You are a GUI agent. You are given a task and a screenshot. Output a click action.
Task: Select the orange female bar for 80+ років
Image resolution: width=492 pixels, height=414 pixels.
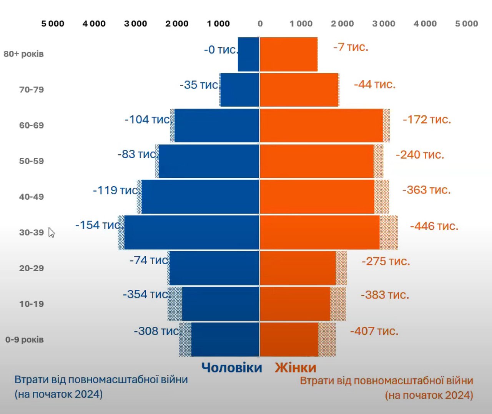tap(288, 54)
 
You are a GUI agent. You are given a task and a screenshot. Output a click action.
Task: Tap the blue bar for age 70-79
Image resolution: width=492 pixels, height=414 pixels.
tap(239, 90)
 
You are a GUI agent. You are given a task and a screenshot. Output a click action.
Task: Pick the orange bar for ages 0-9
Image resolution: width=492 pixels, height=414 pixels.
tap(289, 339)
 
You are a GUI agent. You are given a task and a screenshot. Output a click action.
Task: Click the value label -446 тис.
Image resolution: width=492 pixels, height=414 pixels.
tap(434, 226)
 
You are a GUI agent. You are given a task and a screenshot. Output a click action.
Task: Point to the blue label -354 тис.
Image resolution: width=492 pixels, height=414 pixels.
tap(146, 294)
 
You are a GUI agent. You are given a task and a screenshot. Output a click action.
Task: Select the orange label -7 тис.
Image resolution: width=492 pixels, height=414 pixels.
tap(351, 47)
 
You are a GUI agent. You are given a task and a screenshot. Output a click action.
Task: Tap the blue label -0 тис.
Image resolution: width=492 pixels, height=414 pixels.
tap(220, 50)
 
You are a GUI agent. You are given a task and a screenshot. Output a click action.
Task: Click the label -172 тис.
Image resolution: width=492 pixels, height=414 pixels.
tap(427, 119)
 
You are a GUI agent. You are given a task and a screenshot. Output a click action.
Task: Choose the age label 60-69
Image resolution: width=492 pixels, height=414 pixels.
tap(32, 125)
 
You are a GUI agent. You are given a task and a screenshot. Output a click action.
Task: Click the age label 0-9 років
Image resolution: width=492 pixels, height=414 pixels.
tap(25, 340)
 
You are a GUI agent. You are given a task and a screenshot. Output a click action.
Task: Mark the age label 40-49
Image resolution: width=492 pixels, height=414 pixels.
tap(32, 197)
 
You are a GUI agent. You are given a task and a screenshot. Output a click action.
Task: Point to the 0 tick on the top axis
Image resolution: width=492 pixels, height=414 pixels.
tap(260, 23)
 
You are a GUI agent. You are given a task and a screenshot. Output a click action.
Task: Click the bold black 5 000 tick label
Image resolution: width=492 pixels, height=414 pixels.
tap(53, 23)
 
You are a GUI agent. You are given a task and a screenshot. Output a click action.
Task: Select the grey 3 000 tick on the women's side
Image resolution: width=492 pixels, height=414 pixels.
tap(384, 23)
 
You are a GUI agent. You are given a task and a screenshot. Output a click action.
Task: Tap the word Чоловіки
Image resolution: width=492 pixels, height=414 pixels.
tap(232, 368)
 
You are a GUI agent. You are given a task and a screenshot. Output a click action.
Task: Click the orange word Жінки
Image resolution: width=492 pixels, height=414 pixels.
tap(295, 368)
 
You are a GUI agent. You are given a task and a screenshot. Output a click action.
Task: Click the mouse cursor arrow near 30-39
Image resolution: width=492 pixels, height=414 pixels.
tap(52, 232)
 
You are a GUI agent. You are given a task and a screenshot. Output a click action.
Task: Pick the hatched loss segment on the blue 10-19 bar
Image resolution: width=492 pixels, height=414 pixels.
tap(175, 304)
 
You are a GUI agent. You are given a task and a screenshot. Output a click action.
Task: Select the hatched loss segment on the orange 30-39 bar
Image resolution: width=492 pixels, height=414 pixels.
tap(389, 232)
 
